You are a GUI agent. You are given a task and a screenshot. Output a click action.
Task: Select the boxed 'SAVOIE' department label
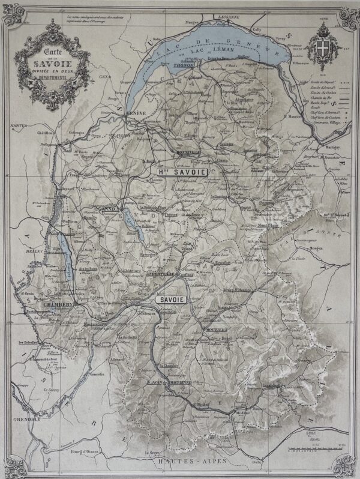[172, 298]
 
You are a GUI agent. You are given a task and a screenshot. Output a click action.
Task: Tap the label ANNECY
[111, 209]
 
